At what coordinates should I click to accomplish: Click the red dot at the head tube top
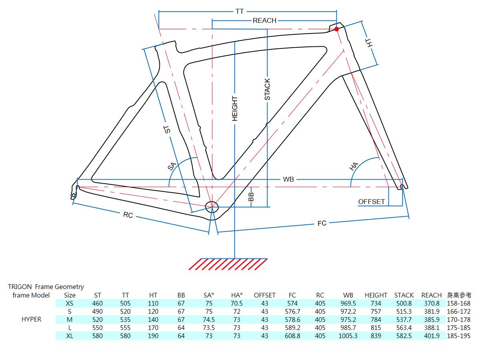click(x=336, y=29)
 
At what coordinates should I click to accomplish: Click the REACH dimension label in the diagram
click(x=264, y=20)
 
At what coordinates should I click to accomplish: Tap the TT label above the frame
click(x=240, y=11)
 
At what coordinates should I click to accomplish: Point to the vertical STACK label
click(x=267, y=89)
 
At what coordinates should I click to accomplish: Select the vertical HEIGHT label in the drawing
click(x=235, y=108)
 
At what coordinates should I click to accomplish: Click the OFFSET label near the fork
click(x=371, y=202)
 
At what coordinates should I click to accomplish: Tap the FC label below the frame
click(x=322, y=223)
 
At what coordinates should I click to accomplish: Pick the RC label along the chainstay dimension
click(x=128, y=215)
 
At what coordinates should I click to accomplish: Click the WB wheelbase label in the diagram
click(x=288, y=179)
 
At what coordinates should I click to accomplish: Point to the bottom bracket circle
click(x=212, y=207)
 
